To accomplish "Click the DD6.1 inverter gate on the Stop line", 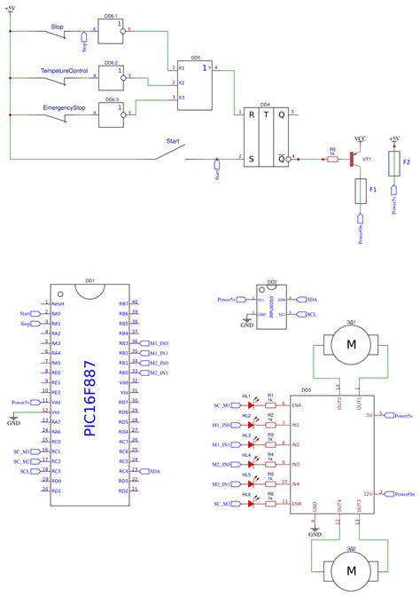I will pos(112,30).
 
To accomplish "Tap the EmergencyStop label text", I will pos(64,109).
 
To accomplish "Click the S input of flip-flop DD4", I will pos(252,159).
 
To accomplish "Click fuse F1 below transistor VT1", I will pos(361,191).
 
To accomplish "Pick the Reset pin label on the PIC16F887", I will pos(57,303).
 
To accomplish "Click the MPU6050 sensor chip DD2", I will pos(270,304).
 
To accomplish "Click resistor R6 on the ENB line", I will pos(270,503).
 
